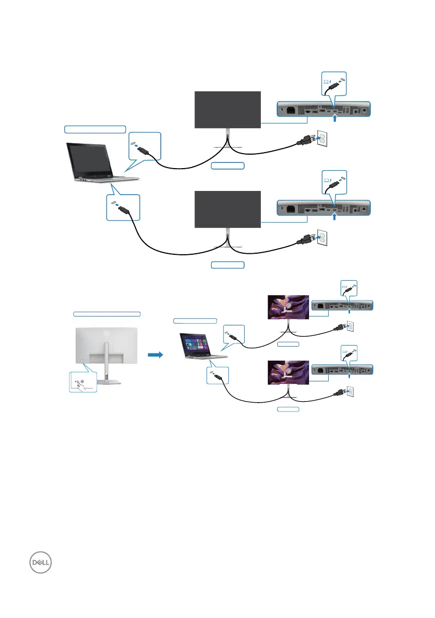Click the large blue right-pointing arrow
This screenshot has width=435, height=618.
(x=156, y=355)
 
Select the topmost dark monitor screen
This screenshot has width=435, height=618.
(x=228, y=109)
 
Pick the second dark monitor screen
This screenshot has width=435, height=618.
(x=228, y=209)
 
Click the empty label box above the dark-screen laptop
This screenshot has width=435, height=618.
(x=95, y=128)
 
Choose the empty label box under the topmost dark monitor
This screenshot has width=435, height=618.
(x=228, y=166)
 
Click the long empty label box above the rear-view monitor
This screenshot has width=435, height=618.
(x=106, y=314)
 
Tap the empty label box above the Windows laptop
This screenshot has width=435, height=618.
(x=195, y=320)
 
